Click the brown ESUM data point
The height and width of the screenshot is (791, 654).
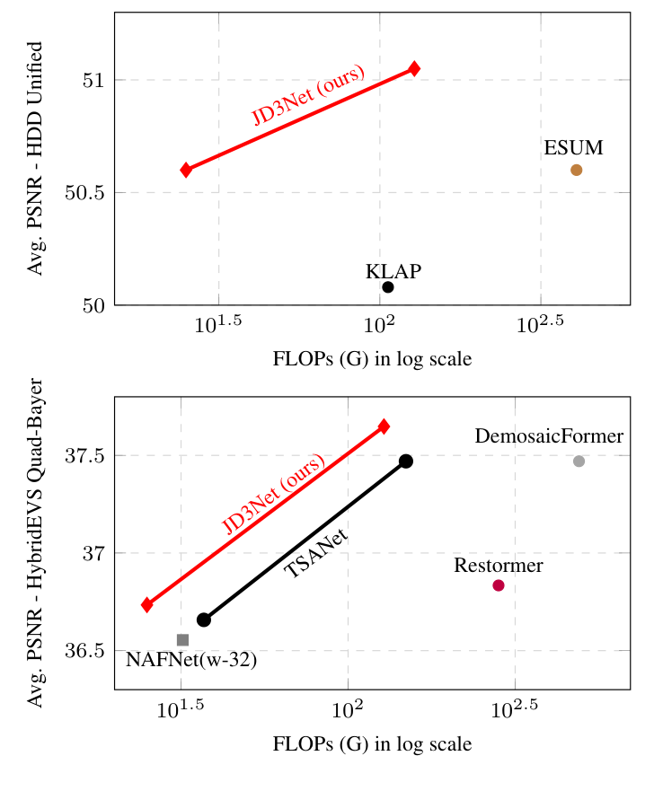coord(576,170)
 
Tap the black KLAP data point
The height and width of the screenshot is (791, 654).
coord(388,287)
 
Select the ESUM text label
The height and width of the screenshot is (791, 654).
coord(573,147)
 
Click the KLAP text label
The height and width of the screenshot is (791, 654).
coord(393,271)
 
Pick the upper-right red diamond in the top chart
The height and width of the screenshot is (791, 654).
coord(414,68)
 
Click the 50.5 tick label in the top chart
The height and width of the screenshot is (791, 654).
coord(85,192)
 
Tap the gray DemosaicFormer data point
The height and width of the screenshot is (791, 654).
coord(579,461)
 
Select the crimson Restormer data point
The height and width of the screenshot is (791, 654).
coord(499,585)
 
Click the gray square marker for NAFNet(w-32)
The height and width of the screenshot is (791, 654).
coord(182,639)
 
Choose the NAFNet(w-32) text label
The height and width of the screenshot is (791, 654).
coord(191,660)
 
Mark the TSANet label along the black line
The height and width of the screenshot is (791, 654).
coord(316,554)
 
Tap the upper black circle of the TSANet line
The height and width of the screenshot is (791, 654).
coord(406,461)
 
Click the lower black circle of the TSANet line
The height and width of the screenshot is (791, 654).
coord(204,620)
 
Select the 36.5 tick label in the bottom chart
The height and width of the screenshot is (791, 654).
coord(85,649)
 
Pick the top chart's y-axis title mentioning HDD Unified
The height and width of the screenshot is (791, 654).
coord(36,159)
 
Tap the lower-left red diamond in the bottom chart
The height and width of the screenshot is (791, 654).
coord(147,604)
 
